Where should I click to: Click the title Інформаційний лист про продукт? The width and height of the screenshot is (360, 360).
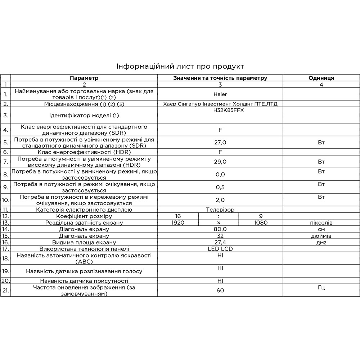[x=180, y=67]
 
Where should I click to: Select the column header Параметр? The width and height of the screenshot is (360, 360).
[x=84, y=78]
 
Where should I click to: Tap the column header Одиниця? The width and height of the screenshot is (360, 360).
[x=321, y=78]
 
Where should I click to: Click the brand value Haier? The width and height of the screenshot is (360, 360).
[x=220, y=94]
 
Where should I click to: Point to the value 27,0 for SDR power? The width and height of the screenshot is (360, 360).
[x=220, y=143]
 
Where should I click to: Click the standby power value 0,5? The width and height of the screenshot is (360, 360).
[x=220, y=187]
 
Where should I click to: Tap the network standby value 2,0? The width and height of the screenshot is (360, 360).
[x=220, y=200]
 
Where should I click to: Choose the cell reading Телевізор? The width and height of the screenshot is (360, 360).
[x=220, y=210]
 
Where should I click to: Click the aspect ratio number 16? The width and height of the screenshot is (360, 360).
[x=178, y=216]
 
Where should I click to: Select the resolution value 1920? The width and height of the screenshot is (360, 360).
[x=178, y=222]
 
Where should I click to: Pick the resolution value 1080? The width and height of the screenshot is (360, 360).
[x=261, y=222]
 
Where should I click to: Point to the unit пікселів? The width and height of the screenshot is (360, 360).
[x=321, y=223]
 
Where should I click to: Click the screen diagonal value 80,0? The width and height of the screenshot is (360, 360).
[x=220, y=229]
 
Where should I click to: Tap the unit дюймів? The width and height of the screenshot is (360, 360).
[x=321, y=236]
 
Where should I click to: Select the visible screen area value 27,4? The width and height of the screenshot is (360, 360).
[x=220, y=242]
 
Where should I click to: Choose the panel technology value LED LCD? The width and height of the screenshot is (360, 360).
[x=220, y=249]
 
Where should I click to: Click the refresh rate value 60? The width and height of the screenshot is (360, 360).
[x=220, y=290]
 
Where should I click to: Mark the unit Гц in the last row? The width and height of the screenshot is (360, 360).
[x=321, y=287]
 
